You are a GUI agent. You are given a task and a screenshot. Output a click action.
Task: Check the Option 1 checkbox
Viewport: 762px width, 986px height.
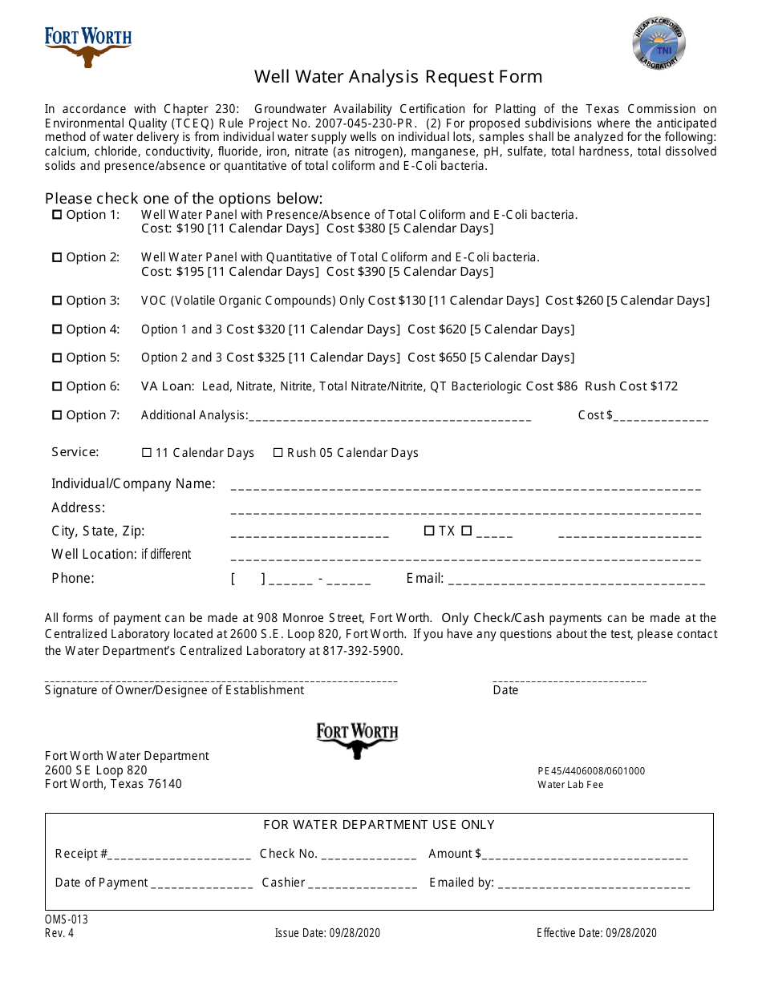57,215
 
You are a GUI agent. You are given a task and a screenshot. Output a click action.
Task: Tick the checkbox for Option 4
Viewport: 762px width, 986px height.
57,329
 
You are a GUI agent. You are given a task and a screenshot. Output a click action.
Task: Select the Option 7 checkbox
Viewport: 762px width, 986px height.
57,415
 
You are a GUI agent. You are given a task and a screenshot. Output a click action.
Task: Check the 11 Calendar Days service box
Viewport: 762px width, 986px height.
147,453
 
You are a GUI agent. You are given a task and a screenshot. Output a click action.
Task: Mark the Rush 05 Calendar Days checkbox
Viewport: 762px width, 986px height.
278,453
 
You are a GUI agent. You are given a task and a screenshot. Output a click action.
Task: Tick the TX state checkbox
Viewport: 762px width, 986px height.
429,531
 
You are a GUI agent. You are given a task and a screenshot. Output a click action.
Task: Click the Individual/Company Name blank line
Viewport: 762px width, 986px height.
465,487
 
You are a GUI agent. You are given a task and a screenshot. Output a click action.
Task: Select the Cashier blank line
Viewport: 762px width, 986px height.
363,886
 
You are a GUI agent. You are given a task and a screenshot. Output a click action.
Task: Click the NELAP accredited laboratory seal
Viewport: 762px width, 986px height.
659,44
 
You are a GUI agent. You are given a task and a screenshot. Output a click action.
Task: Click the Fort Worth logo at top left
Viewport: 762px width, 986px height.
87,47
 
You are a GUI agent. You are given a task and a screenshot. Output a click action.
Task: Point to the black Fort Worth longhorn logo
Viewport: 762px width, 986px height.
357,740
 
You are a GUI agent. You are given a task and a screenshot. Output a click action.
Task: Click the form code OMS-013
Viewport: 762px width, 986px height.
66,919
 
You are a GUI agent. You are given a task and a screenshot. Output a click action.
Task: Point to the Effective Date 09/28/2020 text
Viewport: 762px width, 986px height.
597,933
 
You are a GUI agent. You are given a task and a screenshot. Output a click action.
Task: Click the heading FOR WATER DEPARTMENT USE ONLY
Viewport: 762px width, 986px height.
379,825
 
